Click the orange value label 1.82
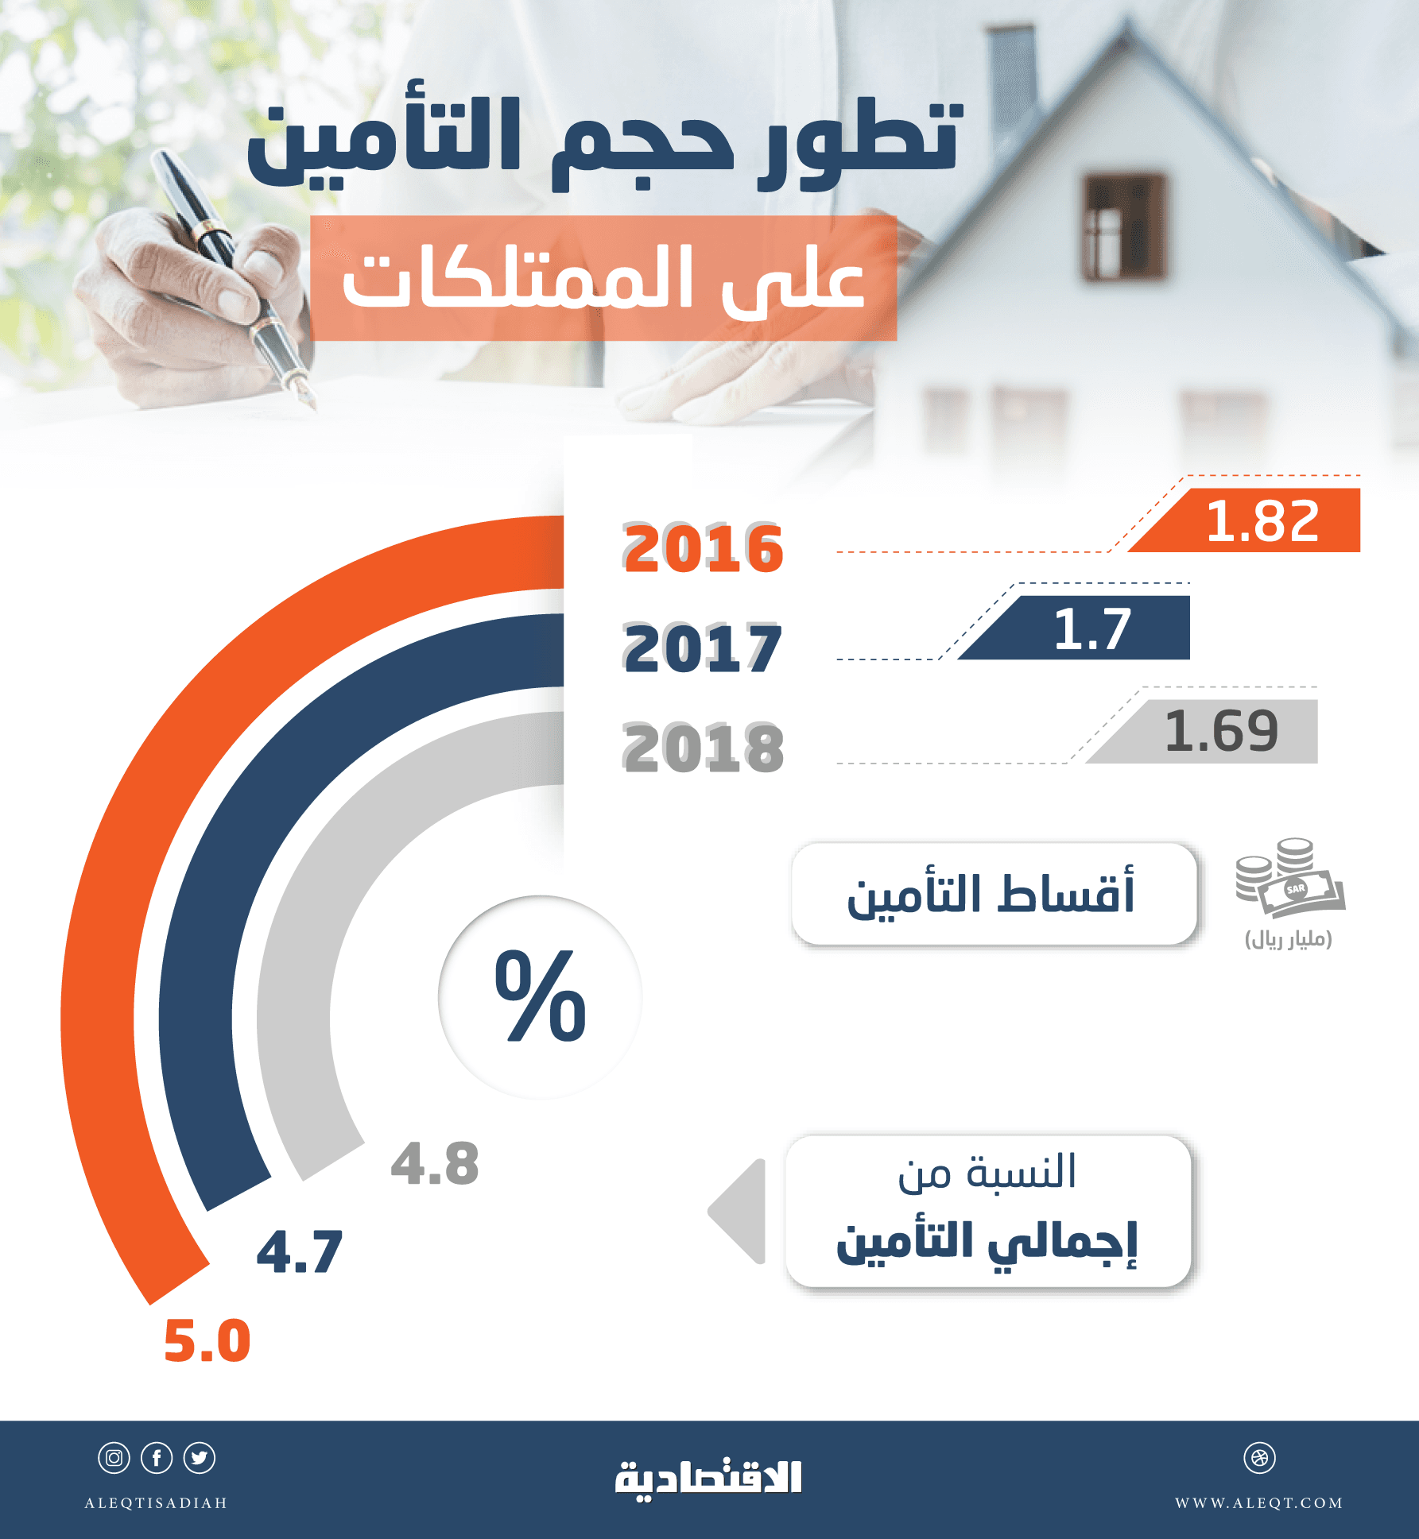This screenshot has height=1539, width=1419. [x=1262, y=522]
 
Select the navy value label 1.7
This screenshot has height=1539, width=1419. [x=1092, y=629]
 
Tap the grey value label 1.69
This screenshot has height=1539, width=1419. [x=1221, y=732]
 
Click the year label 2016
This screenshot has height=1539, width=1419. [x=703, y=549]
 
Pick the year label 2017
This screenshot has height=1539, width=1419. [x=703, y=649]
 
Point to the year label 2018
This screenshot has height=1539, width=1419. [x=703, y=748]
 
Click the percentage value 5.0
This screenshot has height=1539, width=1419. [x=207, y=1341]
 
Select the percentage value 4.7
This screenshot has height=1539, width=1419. [x=300, y=1253]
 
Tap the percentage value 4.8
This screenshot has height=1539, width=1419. [x=436, y=1165]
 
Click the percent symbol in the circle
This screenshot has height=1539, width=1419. [x=541, y=996]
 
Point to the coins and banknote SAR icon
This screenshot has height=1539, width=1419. [x=1289, y=878]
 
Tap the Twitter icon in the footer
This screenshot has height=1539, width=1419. [x=200, y=1458]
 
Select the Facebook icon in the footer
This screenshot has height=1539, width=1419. [x=157, y=1458]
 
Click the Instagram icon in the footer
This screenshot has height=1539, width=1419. [x=114, y=1458]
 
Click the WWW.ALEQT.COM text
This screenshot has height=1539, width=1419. [x=1259, y=1503]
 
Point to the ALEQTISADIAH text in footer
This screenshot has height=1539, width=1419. [x=156, y=1503]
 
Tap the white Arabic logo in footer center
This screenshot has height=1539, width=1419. [x=708, y=1479]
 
